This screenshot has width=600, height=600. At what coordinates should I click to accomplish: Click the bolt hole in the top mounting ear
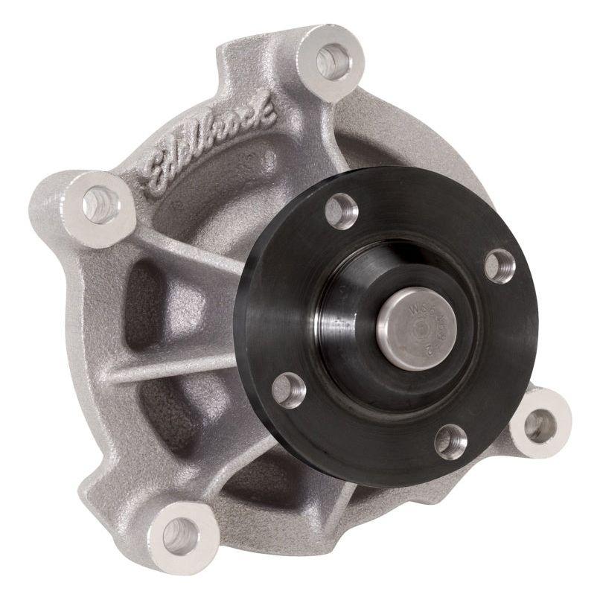tap(331, 60)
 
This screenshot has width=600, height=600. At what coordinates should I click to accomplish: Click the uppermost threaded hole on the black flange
tap(342, 211)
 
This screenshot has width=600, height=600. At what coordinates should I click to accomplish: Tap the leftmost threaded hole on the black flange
tap(289, 389)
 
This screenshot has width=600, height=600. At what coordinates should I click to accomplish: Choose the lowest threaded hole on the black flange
tap(450, 441)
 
